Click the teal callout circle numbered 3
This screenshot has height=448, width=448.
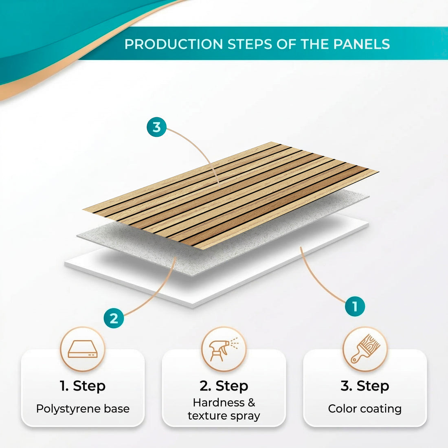point(157,127)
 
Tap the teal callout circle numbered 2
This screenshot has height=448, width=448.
point(114,318)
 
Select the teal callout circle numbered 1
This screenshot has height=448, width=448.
point(355,306)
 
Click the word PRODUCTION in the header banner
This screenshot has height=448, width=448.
point(174,44)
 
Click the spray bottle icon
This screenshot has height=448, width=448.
point(224,349)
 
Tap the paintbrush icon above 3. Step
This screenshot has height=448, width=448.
point(365,349)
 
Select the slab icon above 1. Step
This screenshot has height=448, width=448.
point(83,349)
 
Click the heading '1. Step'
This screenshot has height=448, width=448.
point(83,386)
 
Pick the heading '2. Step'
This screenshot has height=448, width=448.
point(224,386)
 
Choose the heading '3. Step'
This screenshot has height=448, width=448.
point(365,386)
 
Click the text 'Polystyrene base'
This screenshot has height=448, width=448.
point(83,408)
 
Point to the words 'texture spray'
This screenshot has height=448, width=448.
point(224,416)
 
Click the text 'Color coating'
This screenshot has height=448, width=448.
point(365,408)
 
